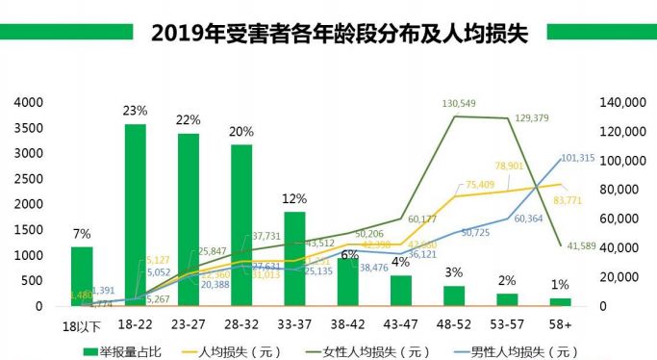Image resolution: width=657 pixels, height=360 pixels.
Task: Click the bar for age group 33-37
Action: coord(294,259)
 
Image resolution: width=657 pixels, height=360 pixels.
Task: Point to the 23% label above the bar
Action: coord(135,111)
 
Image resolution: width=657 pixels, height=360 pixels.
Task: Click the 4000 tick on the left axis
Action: coord(29,102)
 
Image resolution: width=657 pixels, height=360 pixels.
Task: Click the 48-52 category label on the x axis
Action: coord(454,325)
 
